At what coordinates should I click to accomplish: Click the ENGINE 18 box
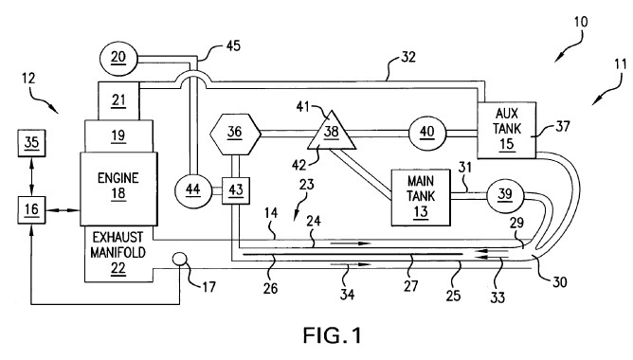click(118, 189)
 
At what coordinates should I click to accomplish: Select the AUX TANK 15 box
click(507, 130)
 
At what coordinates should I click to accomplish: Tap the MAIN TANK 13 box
click(421, 197)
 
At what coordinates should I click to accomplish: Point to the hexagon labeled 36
click(235, 135)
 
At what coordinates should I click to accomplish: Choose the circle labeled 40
click(427, 133)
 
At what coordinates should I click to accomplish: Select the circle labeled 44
click(193, 189)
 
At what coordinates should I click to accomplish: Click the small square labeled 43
click(236, 190)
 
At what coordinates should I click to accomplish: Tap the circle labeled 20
click(118, 58)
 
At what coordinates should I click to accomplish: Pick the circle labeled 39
click(505, 196)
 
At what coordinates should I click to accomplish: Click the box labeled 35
click(31, 143)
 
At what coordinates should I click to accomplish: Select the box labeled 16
click(31, 210)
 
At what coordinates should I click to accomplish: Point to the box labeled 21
click(118, 100)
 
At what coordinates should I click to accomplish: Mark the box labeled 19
click(118, 136)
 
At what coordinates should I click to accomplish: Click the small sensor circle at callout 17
click(180, 259)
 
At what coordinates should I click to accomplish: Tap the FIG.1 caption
click(333, 335)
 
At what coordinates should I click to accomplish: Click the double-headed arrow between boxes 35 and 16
click(31, 176)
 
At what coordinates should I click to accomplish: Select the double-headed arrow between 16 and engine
click(63, 210)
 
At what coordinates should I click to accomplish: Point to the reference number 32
click(408, 57)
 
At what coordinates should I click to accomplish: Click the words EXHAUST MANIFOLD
click(118, 244)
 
